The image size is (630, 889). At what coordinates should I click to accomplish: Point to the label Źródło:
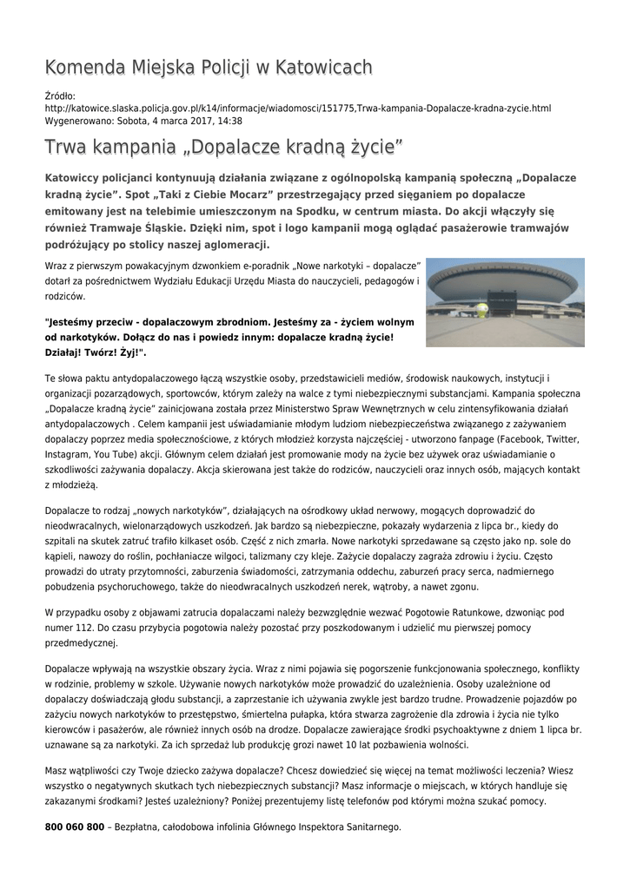pyautogui.click(x=60, y=95)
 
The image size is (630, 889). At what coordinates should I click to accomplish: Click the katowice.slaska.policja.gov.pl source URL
pyautogui.click(x=298, y=108)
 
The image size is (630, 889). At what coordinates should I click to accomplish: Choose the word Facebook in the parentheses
pyautogui.click(x=515, y=440)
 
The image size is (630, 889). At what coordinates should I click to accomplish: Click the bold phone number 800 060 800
pyautogui.click(x=75, y=827)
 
